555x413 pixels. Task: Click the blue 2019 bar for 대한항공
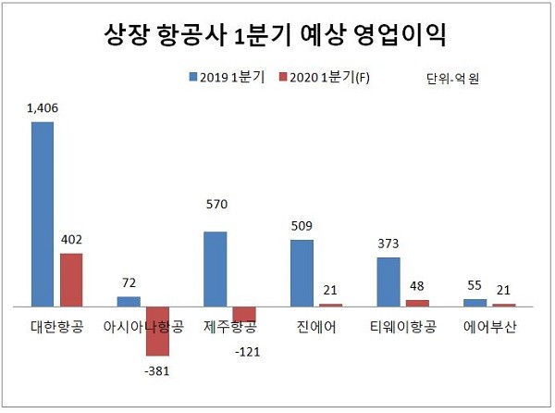[x=43, y=213]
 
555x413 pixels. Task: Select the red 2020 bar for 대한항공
[x=71, y=279]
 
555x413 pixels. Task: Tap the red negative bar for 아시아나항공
[x=157, y=331]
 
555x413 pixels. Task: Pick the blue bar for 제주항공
[x=215, y=268]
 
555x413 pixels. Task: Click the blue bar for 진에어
[x=302, y=272]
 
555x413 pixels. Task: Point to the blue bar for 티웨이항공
[x=388, y=282]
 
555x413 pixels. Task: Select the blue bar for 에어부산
[x=474, y=302]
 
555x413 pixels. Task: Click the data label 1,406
[x=43, y=109]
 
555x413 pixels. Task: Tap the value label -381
[x=157, y=371]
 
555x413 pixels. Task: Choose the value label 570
[x=216, y=204]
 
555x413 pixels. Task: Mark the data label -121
[x=246, y=352]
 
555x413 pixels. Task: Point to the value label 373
[x=388, y=244]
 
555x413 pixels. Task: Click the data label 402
[x=72, y=240]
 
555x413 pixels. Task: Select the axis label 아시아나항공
[x=143, y=327]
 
